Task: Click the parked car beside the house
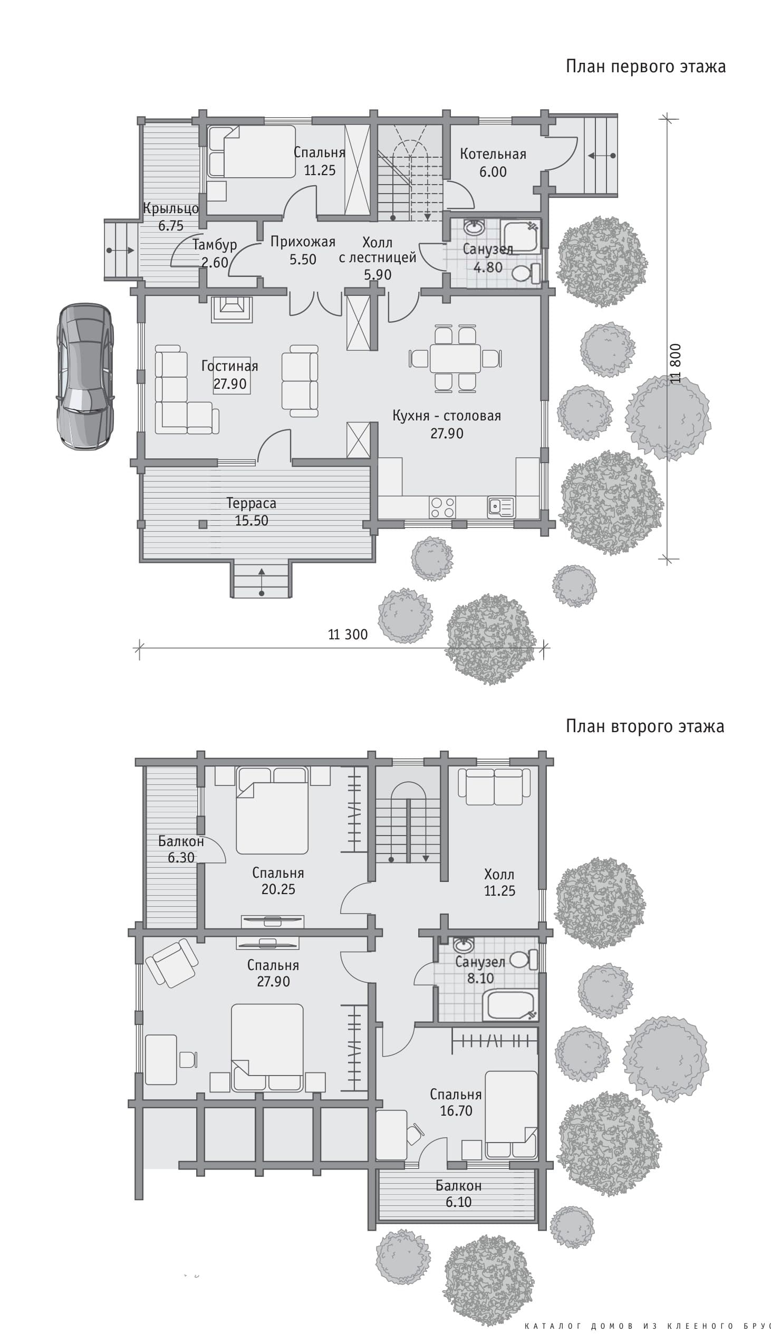click(x=85, y=377)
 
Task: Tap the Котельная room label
click(x=493, y=154)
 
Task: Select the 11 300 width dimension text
click(x=348, y=635)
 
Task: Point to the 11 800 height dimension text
click(x=674, y=363)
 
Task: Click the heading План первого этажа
click(x=645, y=66)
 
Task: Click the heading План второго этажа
click(x=645, y=726)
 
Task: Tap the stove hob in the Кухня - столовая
click(x=442, y=507)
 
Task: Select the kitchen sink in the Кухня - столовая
click(x=500, y=507)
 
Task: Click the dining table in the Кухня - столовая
click(x=456, y=359)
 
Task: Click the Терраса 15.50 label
click(x=252, y=512)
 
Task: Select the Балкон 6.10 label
click(x=459, y=1194)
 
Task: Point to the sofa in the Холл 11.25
click(x=494, y=786)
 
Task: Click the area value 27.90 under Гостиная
click(x=230, y=384)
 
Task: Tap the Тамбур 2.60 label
click(x=215, y=253)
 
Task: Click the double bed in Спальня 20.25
click(x=272, y=810)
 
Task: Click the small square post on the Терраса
click(x=203, y=524)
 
